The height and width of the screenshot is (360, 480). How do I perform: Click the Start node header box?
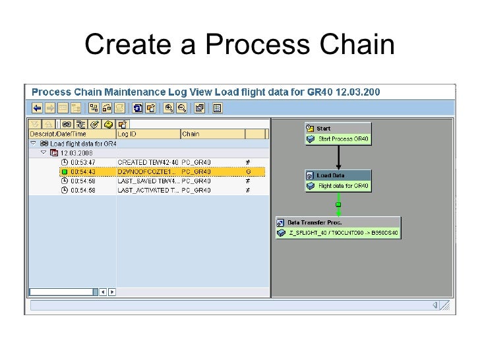coord(338,128)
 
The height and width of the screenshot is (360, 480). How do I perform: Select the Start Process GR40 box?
coord(338,138)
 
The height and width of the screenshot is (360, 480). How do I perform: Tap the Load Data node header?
coord(338,175)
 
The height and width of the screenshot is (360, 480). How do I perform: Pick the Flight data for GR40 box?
coord(338,186)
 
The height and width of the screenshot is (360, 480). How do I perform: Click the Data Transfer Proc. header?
coord(338,222)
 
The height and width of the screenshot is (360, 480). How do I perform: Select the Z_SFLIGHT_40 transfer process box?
coord(338,233)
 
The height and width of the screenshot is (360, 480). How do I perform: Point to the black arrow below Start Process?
coord(338,157)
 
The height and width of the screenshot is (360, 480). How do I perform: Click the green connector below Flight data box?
coord(338,204)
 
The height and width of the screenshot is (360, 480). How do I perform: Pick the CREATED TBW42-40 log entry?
coord(147,162)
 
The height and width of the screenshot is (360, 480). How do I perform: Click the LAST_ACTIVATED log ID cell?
coord(147,191)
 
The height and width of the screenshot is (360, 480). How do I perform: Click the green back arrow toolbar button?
coord(38,107)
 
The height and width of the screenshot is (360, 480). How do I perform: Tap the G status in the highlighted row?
coord(249,171)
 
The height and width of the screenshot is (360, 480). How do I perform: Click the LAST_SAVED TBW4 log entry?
coord(147,181)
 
